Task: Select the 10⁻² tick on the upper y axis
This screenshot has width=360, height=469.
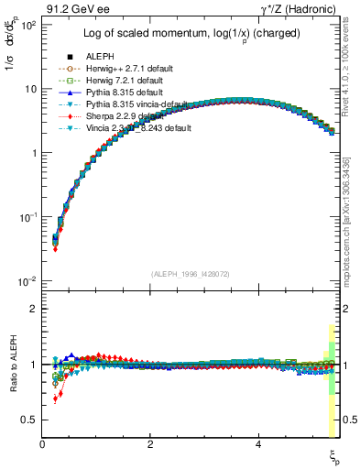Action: [x=29, y=281]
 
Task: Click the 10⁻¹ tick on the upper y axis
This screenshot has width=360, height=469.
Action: [x=29, y=217]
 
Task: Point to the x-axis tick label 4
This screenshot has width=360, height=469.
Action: [x=258, y=445]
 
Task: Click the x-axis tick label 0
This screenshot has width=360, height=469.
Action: [x=42, y=445]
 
